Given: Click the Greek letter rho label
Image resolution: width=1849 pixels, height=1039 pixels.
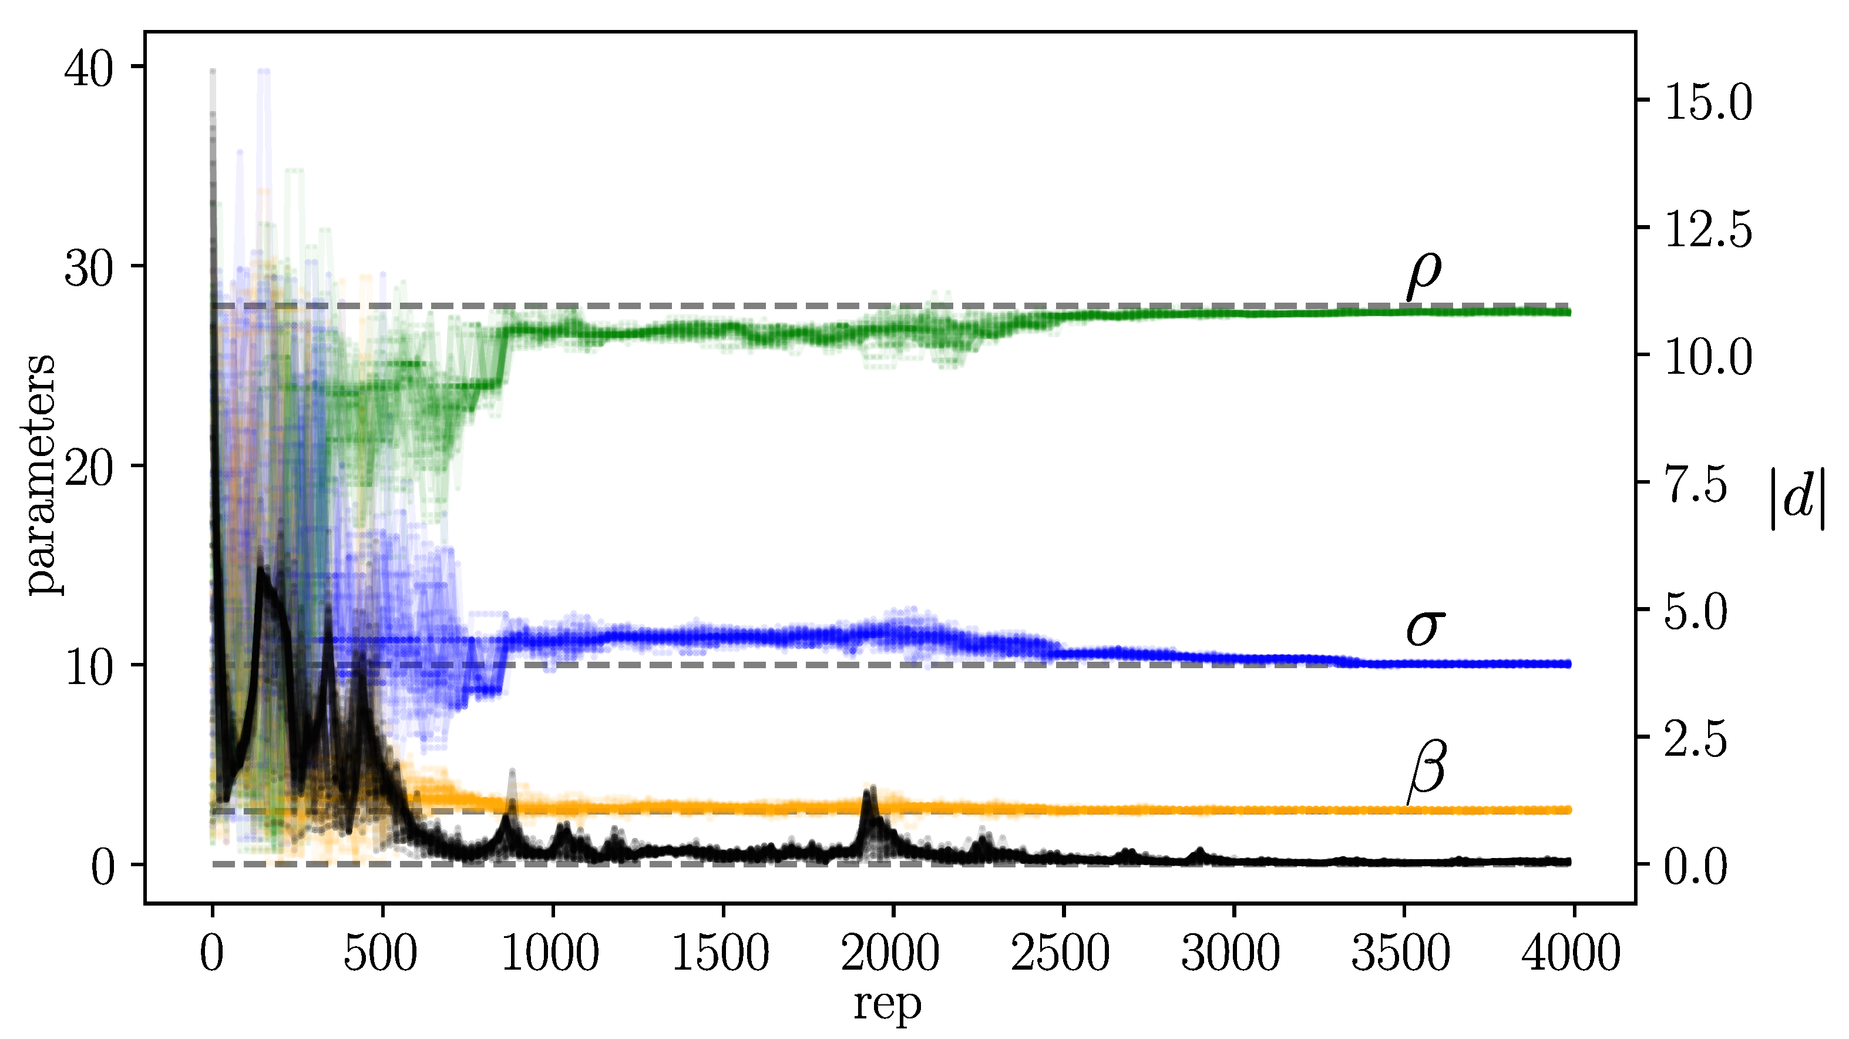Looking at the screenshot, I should [1423, 276].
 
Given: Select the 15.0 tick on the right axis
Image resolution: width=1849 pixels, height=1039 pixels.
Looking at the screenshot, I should [1707, 103].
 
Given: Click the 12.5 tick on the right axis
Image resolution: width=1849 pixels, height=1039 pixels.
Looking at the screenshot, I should [1707, 230].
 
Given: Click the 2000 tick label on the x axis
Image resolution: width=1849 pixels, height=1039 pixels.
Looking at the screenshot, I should [890, 954].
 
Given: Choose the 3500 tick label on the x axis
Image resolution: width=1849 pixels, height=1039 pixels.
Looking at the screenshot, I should [1400, 954].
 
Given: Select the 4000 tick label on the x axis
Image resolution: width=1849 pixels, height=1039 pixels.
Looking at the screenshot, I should [1571, 954].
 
